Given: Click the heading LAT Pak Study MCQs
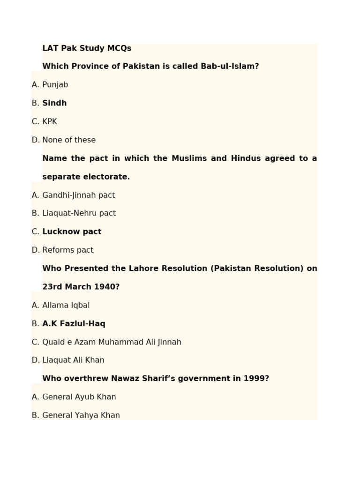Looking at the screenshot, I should click(x=87, y=48).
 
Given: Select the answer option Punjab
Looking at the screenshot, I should click(x=55, y=85).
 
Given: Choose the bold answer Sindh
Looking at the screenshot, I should click(x=54, y=103).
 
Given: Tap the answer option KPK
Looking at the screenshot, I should click(x=50, y=121).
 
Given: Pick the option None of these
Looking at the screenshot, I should click(x=69, y=140).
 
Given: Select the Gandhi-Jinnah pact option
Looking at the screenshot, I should click(x=78, y=195).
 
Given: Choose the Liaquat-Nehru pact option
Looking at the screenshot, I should click(x=79, y=213).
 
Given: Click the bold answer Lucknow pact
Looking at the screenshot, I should click(x=72, y=232).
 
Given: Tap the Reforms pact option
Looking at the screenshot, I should click(x=67, y=250).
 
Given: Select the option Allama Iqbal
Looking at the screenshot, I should click(x=66, y=305).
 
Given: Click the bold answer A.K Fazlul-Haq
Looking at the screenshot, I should click(x=74, y=323).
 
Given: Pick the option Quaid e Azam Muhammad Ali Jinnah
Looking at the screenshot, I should click(x=112, y=342).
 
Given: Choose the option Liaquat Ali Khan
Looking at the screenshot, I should click(x=73, y=360).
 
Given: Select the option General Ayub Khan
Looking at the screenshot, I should click(x=79, y=397).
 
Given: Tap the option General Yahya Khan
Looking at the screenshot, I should click(x=81, y=415).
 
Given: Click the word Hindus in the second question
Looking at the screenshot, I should click(x=246, y=158).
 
